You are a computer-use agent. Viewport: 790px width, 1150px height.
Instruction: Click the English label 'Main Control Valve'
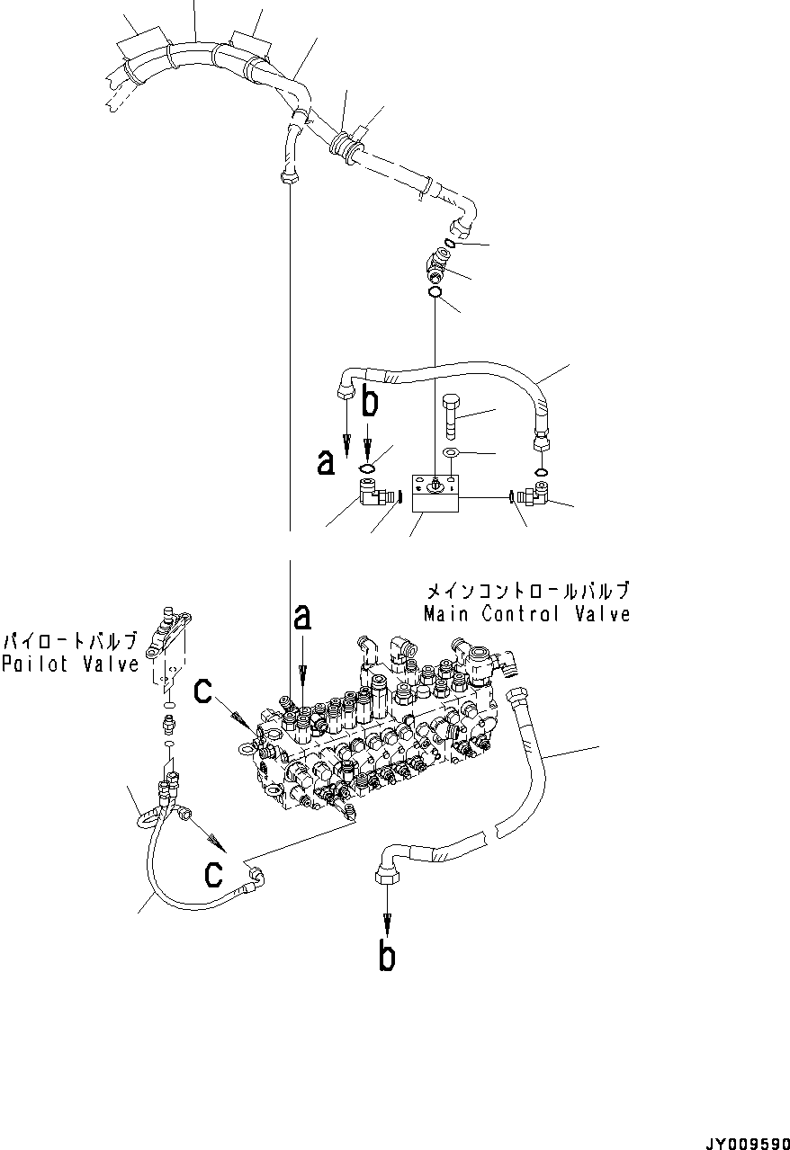tap(526, 614)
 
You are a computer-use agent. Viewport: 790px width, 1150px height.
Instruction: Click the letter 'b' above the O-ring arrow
tap(369, 403)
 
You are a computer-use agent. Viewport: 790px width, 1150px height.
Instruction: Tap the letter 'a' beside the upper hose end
tap(326, 462)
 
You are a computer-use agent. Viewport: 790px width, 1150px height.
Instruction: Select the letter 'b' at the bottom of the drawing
tap(387, 958)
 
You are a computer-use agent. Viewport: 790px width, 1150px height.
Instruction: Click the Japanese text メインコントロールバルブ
tap(526, 591)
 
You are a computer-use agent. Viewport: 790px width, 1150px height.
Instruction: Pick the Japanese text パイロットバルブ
tap(70, 642)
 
